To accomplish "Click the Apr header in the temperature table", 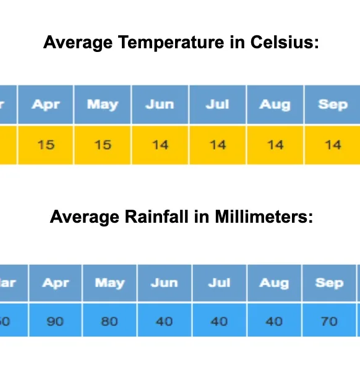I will (x=45, y=104).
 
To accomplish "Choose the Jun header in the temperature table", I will (x=160, y=104).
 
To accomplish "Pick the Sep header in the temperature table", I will (x=333, y=104).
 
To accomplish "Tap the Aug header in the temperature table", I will (x=275, y=104).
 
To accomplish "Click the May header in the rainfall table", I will (x=109, y=283).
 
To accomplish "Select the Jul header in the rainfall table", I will (x=220, y=283).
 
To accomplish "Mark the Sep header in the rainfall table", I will (x=329, y=283).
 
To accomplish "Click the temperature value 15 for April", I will (x=45, y=145).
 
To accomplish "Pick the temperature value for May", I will (x=103, y=145).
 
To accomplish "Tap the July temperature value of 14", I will (x=218, y=145).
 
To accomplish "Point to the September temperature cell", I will (x=333, y=145).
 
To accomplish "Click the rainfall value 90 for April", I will (x=55, y=321).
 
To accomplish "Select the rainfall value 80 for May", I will (x=109, y=321).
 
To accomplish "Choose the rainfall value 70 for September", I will (x=329, y=321).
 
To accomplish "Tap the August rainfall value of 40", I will (x=274, y=321).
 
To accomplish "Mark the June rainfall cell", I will (x=165, y=321).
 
